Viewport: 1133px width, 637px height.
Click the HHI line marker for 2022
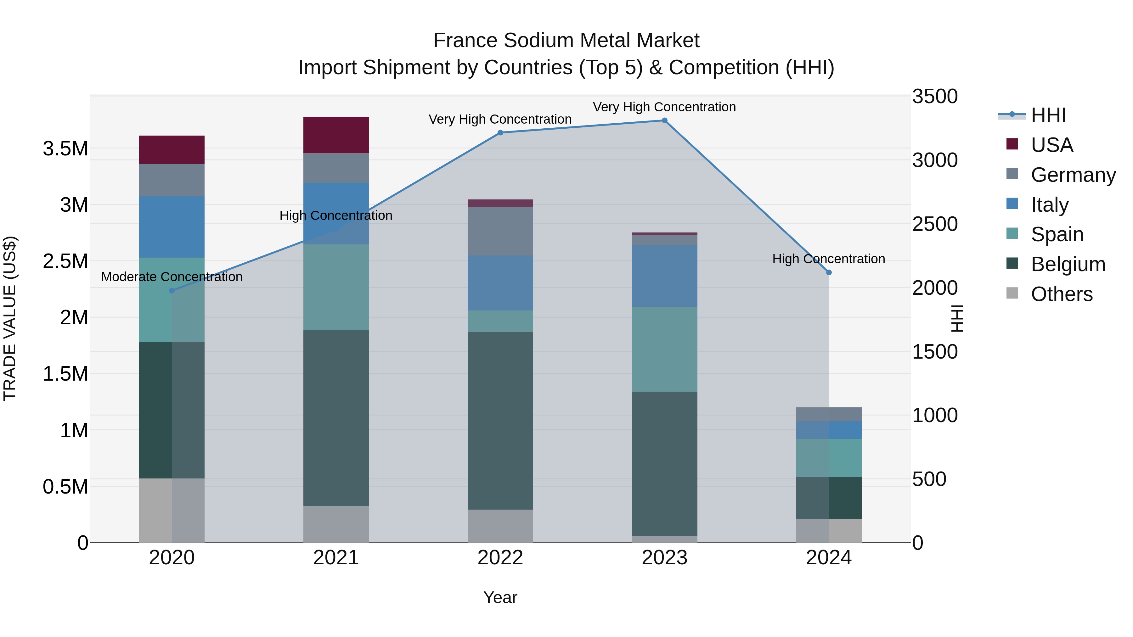[x=500, y=133]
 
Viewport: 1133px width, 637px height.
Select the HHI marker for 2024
[x=829, y=272]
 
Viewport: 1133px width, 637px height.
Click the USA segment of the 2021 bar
[x=336, y=135]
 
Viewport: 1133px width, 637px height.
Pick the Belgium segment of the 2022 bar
[x=500, y=420]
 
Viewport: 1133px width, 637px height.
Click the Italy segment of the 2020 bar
[x=172, y=227]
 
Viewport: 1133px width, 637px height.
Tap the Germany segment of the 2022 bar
[x=500, y=231]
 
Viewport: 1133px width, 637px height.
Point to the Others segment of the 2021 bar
[x=336, y=524]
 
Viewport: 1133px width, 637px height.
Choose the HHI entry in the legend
[x=1048, y=115]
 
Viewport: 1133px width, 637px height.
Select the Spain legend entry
[x=1057, y=234]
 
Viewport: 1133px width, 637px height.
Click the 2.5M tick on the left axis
[x=65, y=261]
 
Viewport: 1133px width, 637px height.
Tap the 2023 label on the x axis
[x=664, y=558]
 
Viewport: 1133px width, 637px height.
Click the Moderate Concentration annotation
[x=172, y=277]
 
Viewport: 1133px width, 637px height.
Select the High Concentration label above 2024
[x=829, y=259]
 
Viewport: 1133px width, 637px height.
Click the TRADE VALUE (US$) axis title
[x=10, y=318]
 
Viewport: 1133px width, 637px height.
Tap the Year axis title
[x=500, y=597]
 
